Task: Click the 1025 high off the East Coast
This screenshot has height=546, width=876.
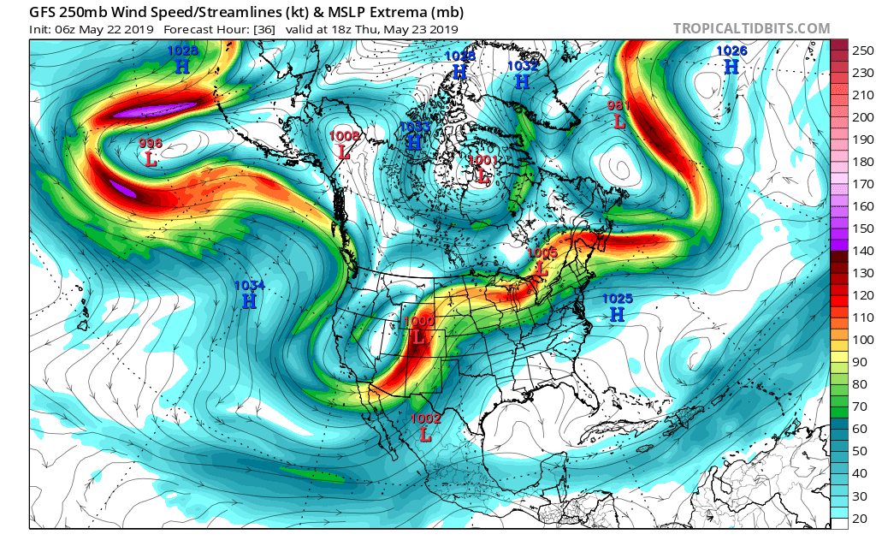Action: point(617,306)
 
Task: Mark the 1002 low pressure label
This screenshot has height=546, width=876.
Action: point(425,426)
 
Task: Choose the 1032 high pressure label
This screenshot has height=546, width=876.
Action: point(522,74)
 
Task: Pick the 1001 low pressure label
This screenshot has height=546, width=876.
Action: point(482,169)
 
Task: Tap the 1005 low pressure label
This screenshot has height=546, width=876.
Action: point(542,261)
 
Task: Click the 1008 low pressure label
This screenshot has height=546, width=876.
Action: point(344,144)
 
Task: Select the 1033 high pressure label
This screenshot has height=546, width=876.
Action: point(414,135)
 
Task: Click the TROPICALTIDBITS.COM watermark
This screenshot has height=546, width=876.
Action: point(751,28)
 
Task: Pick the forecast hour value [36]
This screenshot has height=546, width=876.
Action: point(255,28)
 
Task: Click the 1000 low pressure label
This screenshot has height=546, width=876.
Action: point(418,329)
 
